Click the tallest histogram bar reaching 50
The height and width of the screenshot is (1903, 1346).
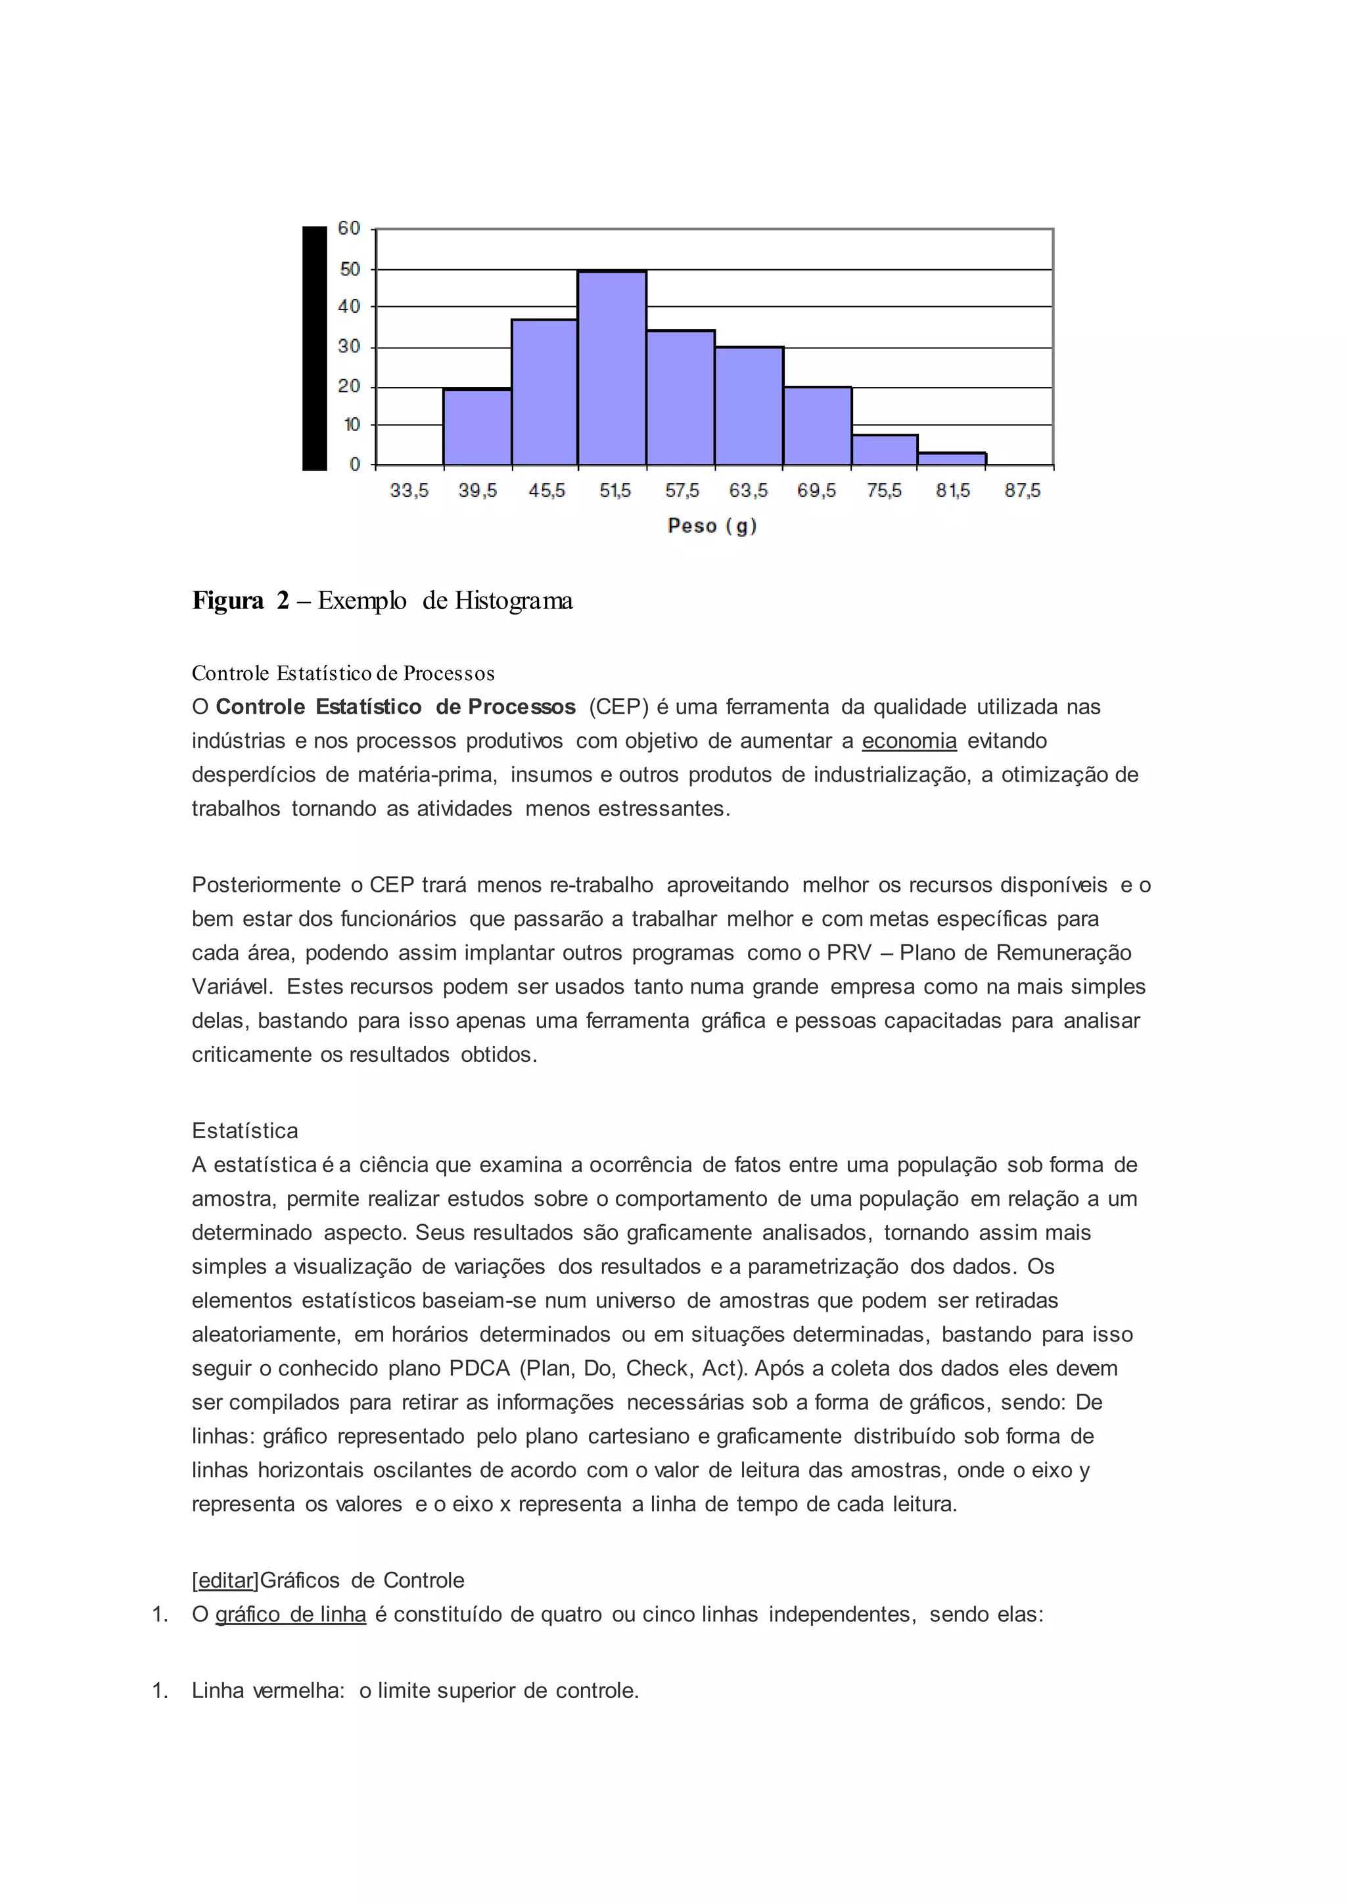click(612, 369)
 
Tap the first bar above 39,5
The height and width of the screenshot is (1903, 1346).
click(477, 427)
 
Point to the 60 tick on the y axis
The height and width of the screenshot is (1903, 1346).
click(349, 228)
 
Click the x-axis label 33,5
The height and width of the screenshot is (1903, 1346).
click(409, 491)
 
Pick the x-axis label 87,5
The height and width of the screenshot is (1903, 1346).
click(1022, 491)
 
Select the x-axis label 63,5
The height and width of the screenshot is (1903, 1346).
click(749, 491)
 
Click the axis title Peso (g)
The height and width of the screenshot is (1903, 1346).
click(712, 526)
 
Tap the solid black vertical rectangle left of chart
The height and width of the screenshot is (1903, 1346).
click(314, 348)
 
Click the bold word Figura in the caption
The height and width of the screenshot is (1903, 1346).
click(228, 600)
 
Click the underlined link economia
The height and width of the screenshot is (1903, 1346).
click(909, 741)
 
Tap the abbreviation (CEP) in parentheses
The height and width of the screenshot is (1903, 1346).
click(618, 707)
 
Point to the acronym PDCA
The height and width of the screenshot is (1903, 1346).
click(479, 1368)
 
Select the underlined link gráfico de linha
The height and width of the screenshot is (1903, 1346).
click(290, 1615)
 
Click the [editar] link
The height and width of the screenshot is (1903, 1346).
click(225, 1580)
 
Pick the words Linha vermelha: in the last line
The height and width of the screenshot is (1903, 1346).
click(267, 1691)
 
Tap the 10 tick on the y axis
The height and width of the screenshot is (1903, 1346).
click(352, 425)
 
